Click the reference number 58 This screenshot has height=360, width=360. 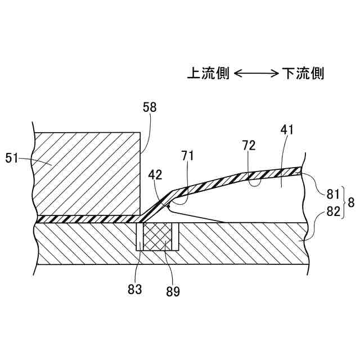[x=150, y=107]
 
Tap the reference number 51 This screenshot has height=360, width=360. [x=12, y=159]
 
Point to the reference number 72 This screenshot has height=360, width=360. [x=249, y=146]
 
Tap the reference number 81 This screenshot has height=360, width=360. [x=332, y=195]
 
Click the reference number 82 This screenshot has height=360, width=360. [x=332, y=211]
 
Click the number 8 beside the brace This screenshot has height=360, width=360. [x=351, y=203]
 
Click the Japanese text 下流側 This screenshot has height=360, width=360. [x=303, y=74]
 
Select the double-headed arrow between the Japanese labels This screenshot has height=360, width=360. [x=255, y=74]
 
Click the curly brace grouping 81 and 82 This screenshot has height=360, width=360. [x=343, y=203]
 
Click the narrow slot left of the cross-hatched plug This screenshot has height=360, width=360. [x=139, y=236]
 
